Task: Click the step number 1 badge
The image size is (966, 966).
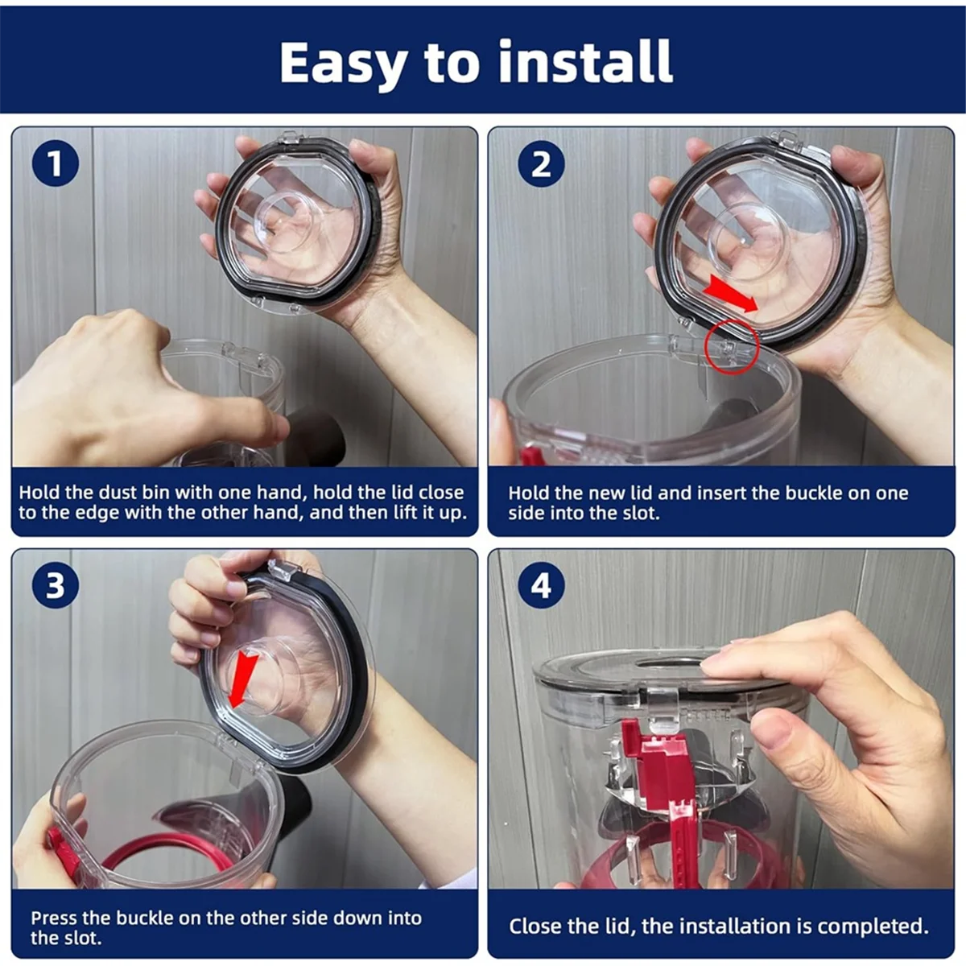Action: coord(56,163)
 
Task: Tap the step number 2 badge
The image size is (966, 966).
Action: coord(541,163)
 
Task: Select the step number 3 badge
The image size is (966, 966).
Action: coord(56,584)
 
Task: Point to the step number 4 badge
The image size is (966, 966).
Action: coord(541,584)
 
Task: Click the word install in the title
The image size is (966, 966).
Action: coord(586,61)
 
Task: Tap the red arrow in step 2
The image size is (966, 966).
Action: coord(730,295)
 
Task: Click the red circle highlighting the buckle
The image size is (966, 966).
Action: coord(733,347)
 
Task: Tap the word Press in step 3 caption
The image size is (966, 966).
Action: coord(54,918)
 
